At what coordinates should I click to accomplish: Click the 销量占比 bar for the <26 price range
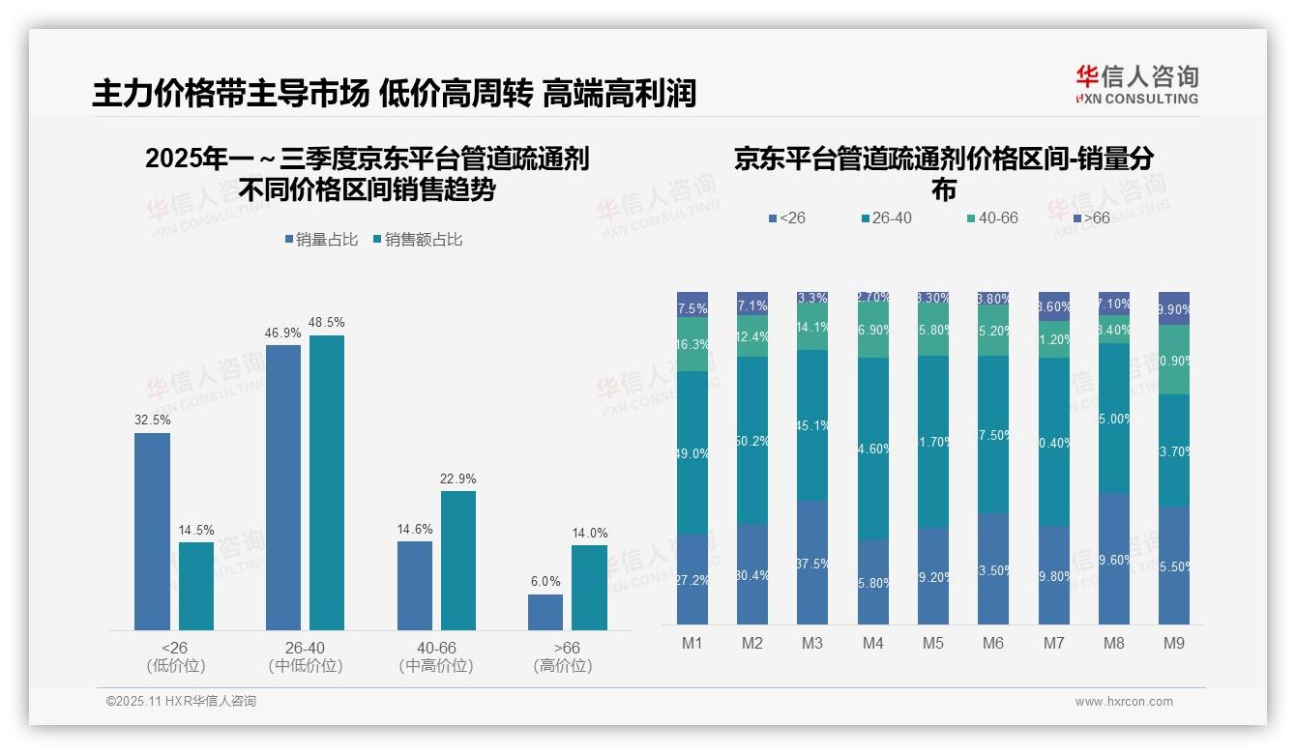(x=152, y=532)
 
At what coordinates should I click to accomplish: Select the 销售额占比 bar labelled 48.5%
(x=327, y=483)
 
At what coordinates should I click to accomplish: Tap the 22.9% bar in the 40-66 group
(x=458, y=561)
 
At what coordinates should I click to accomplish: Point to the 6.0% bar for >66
(x=545, y=612)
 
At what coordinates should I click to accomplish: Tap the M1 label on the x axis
(x=692, y=643)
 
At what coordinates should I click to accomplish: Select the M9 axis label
(x=1174, y=643)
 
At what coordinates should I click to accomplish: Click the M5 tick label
(x=933, y=643)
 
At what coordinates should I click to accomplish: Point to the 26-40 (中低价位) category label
(x=306, y=656)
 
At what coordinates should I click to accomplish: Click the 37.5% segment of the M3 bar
(x=812, y=563)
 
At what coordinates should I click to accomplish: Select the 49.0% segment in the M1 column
(x=692, y=452)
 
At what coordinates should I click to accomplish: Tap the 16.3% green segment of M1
(x=692, y=344)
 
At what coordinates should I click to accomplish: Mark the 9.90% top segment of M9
(x=1174, y=308)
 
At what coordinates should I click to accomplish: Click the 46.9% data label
(x=282, y=333)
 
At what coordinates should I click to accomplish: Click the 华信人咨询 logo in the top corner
(x=1136, y=84)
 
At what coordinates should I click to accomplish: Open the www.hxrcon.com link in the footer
(x=1124, y=702)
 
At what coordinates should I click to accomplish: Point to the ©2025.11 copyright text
(x=181, y=702)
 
